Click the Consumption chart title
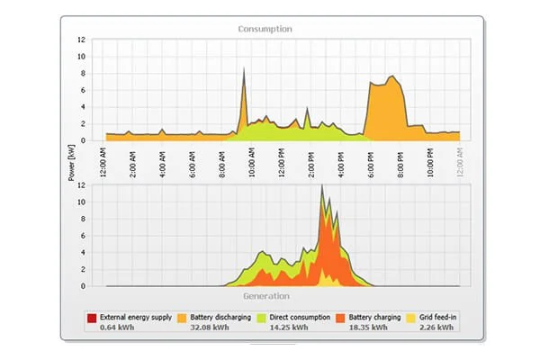pos(265,29)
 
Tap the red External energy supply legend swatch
pos(91,318)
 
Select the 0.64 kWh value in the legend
pos(117,328)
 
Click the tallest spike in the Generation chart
pos(321,190)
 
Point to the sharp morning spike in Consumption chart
pos(242,76)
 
